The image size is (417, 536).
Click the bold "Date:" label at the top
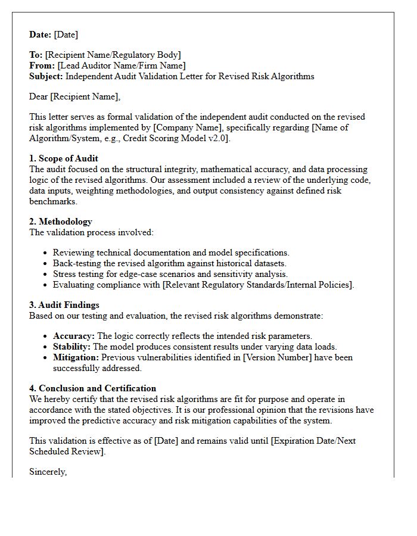click(41, 35)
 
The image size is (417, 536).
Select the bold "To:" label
click(36, 55)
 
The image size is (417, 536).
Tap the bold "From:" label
click(42, 66)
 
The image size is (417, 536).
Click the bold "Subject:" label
click(46, 76)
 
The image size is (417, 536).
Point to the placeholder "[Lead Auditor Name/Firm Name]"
click(122, 66)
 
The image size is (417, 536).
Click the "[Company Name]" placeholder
click(253, 127)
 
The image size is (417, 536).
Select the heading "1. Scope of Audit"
click(64, 158)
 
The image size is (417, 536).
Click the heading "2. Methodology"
click(61, 222)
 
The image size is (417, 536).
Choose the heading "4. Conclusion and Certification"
click(92, 388)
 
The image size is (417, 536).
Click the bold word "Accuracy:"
click(74, 336)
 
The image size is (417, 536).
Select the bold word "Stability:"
click(71, 347)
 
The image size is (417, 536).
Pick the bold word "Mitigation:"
click(76, 357)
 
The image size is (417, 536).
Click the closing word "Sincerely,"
click(48, 472)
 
